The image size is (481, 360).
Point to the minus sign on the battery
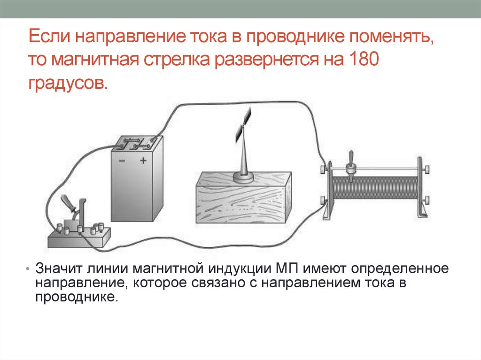pos(122,161)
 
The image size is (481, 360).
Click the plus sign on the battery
pos(143,161)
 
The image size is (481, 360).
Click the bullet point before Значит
pos(28,271)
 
